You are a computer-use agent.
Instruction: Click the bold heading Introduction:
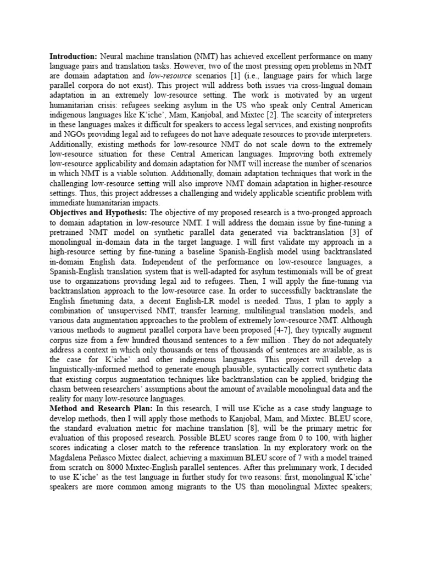click(74, 57)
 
